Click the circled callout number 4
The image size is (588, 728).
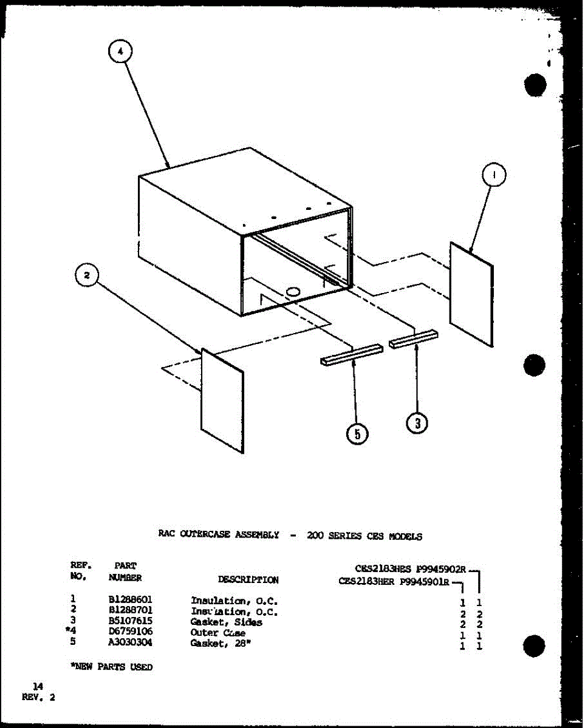(120, 53)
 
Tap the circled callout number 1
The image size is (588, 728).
(493, 176)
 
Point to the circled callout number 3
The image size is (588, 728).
(417, 423)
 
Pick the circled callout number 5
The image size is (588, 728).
(357, 433)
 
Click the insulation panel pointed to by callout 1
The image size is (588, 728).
(471, 294)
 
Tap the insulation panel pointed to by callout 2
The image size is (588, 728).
(222, 400)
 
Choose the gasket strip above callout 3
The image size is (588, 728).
(413, 339)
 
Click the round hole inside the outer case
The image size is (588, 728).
(293, 292)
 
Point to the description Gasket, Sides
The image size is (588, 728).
(226, 622)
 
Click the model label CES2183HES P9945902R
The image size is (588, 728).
(410, 568)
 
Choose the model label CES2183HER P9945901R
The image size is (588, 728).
(394, 581)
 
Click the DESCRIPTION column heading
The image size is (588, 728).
(248, 579)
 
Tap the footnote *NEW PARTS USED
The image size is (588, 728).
(111, 667)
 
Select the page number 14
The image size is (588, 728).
(38, 686)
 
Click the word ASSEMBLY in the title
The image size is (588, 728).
(255, 534)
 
